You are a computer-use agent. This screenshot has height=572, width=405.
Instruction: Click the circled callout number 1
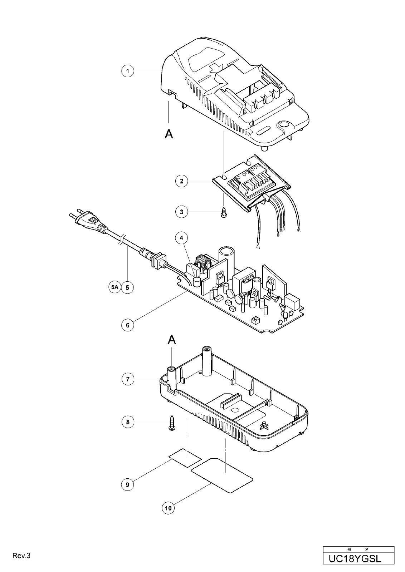(x=128, y=71)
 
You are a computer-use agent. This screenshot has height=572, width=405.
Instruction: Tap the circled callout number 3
(x=182, y=212)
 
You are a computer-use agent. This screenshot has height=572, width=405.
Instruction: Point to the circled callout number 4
(x=182, y=238)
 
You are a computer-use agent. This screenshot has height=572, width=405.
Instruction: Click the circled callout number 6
(x=128, y=325)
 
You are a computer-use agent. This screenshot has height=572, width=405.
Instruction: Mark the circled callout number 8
(x=128, y=422)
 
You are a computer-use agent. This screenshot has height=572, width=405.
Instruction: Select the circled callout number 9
(x=128, y=484)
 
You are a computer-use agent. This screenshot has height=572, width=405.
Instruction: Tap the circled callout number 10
(x=169, y=508)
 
